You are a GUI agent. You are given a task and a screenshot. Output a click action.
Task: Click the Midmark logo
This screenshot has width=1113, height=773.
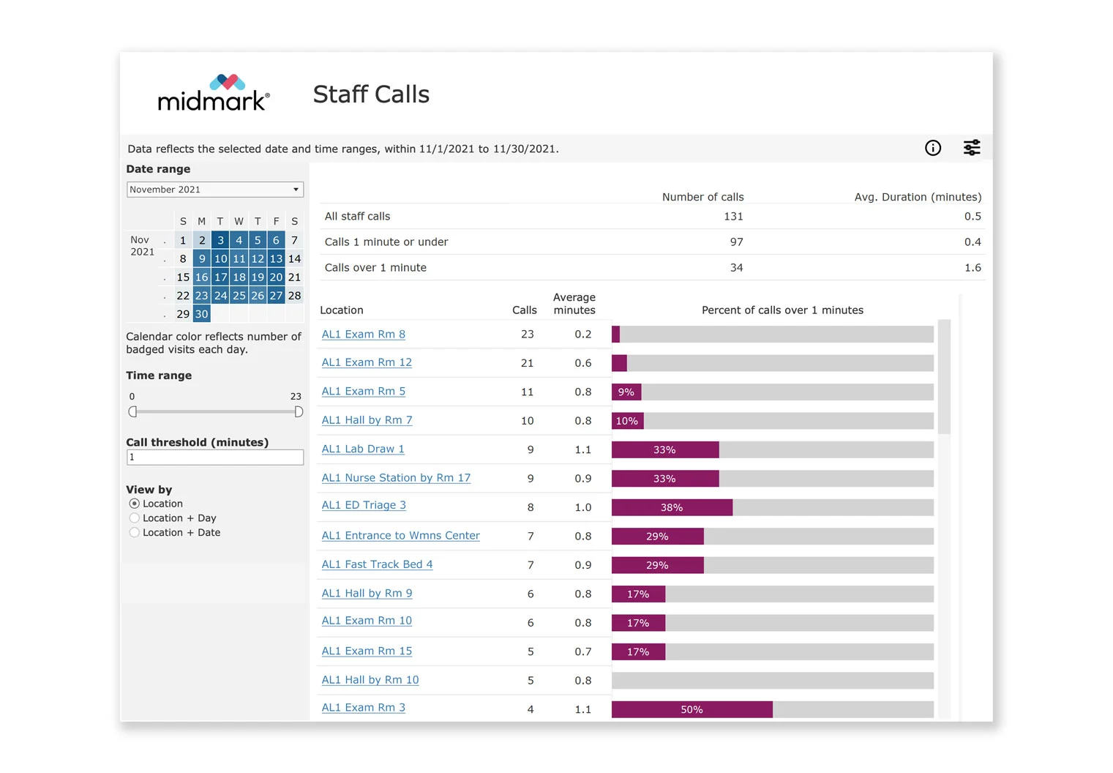[214, 93]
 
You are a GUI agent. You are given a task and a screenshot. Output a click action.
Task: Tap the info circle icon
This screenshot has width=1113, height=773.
[933, 148]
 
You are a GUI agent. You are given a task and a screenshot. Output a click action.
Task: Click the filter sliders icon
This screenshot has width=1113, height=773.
[971, 148]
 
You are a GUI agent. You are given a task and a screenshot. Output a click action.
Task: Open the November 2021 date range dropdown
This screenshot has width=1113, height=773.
[214, 190]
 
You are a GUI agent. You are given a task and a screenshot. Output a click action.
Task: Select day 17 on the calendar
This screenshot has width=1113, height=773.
[220, 277]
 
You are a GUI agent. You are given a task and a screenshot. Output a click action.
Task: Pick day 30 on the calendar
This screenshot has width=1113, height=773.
[201, 314]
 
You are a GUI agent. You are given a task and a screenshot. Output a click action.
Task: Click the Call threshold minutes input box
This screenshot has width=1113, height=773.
[214, 458]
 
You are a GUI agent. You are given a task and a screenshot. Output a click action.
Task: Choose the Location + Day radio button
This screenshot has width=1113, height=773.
[135, 518]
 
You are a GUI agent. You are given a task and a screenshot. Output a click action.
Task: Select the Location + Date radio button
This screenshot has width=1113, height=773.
[135, 533]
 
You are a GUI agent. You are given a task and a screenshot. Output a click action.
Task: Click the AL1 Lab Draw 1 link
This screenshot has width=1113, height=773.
[363, 449]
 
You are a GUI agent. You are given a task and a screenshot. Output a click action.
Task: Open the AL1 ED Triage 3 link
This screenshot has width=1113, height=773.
[364, 505]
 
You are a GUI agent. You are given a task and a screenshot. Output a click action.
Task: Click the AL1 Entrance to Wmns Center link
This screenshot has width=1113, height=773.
[400, 536]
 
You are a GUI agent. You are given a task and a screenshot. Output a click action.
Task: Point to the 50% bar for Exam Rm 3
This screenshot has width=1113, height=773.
[692, 709]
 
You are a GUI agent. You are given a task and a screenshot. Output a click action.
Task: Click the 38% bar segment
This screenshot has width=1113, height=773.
[672, 507]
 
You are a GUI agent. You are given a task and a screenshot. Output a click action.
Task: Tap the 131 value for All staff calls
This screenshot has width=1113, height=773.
[733, 217]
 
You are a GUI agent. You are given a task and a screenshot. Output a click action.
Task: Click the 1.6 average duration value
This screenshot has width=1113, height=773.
[973, 268]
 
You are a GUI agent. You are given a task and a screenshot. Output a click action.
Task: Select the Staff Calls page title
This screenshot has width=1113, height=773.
[371, 94]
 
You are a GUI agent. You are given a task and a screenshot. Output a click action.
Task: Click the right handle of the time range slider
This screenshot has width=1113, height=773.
[299, 412]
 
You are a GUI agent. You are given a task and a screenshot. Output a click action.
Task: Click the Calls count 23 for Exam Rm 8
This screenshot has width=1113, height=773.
[527, 335]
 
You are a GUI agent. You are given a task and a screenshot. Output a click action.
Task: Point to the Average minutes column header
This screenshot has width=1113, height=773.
[574, 304]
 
